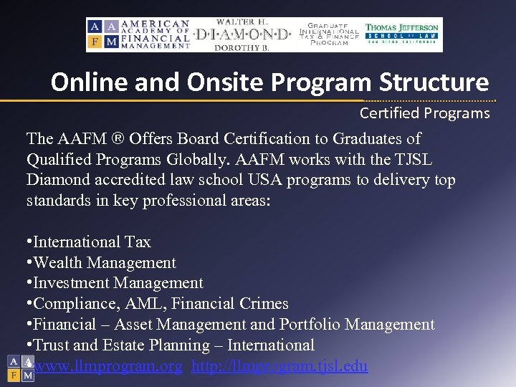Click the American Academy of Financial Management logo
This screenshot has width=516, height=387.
[x=139, y=34]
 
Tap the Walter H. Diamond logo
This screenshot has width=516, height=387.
[x=243, y=34]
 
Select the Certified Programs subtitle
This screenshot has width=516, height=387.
[x=424, y=113]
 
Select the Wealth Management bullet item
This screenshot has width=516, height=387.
[x=105, y=263]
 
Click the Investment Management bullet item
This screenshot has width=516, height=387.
[x=118, y=284]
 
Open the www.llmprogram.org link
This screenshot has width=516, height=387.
[x=108, y=367]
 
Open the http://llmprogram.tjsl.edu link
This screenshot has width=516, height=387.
[x=279, y=367]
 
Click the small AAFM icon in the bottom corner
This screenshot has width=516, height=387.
[x=21, y=368]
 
